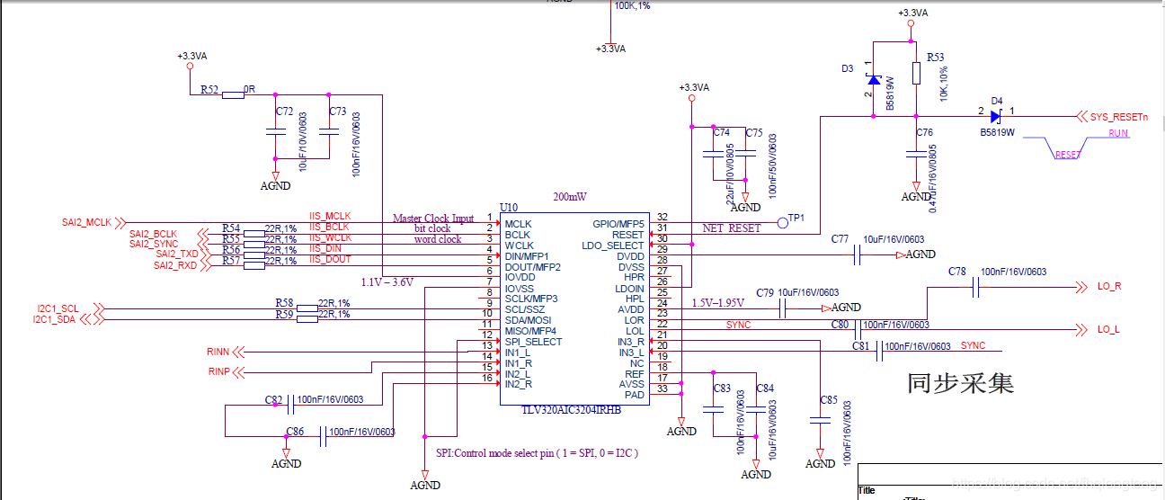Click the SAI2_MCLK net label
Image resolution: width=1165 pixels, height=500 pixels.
(x=86, y=221)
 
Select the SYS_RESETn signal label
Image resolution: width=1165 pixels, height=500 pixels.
(x=1119, y=117)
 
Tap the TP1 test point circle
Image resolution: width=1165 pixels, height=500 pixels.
(x=783, y=221)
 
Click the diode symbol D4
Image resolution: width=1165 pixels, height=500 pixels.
(x=996, y=116)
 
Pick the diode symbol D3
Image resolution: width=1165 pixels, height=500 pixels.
(x=874, y=79)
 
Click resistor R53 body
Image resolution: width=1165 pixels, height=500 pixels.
(x=916, y=73)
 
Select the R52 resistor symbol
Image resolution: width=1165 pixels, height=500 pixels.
(x=233, y=94)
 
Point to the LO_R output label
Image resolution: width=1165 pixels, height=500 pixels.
(x=1109, y=287)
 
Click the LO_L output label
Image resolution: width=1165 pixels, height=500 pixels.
(x=1108, y=329)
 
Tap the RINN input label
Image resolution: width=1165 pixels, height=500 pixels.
(x=218, y=352)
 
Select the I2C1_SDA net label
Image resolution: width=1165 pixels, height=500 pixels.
(x=56, y=319)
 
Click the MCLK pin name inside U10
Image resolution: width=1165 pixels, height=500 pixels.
(x=518, y=224)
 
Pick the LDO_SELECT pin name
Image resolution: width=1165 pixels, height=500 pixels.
(x=613, y=246)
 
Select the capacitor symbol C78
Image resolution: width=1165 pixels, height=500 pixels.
(x=974, y=287)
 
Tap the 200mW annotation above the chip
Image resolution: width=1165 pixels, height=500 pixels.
(x=572, y=195)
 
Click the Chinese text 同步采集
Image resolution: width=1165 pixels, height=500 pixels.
(x=960, y=384)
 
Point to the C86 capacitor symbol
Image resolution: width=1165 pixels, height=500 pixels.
(x=322, y=436)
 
